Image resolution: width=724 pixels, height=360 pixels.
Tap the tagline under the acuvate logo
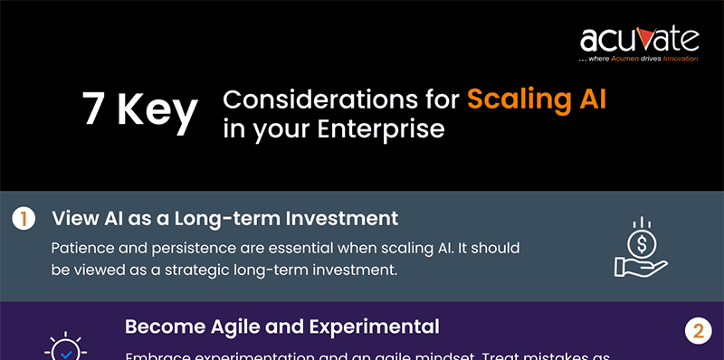tap(639, 59)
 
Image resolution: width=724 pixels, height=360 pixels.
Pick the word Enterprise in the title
tap(380, 128)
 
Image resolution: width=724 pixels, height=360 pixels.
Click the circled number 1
tap(24, 219)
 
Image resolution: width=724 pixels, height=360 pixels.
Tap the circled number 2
tap(697, 331)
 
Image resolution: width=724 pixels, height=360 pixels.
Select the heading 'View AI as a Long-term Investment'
tap(225, 218)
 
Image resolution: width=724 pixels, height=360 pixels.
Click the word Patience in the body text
tap(85, 247)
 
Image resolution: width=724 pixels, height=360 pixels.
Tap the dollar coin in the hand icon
tap(640, 243)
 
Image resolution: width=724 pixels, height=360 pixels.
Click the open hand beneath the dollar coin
tap(639, 266)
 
